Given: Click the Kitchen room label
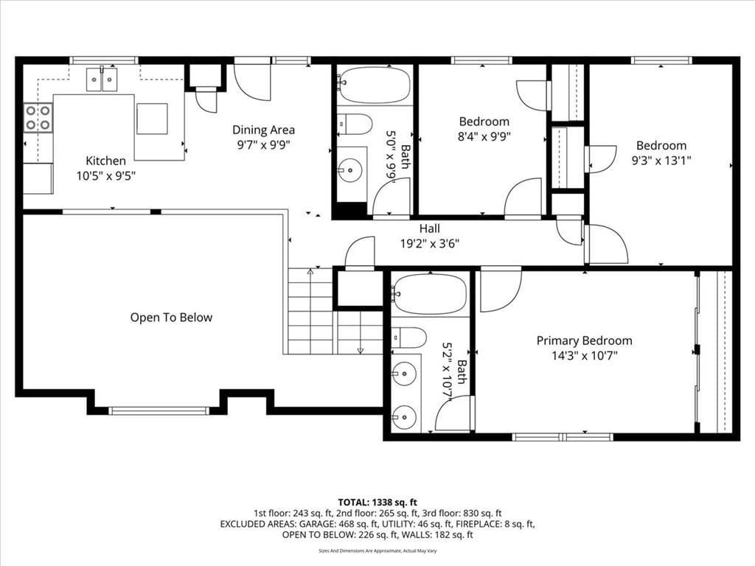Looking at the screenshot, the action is click(x=106, y=161).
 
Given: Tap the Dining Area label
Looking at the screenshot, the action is click(x=263, y=130).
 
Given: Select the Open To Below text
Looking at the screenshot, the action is click(x=171, y=318).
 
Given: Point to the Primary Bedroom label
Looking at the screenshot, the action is click(x=584, y=340).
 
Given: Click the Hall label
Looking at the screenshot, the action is click(x=430, y=228).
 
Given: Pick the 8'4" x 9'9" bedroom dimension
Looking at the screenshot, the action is click(x=484, y=136).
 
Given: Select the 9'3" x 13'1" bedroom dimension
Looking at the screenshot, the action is click(x=661, y=160).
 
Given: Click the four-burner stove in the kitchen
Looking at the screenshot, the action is click(x=38, y=118).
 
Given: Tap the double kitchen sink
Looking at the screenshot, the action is click(x=102, y=80).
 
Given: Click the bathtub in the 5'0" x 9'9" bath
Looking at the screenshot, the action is click(x=374, y=85).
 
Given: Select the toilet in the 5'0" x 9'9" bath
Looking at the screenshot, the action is click(x=355, y=124).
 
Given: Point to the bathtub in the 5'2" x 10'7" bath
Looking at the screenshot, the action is click(x=429, y=294).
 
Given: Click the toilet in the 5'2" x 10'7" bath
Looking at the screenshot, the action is click(x=408, y=338).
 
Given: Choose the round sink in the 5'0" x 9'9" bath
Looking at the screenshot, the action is click(x=349, y=170).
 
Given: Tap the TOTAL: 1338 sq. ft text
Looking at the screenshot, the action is click(x=377, y=503).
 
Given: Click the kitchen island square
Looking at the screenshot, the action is click(x=152, y=119).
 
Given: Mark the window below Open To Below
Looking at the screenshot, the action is click(x=159, y=410).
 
